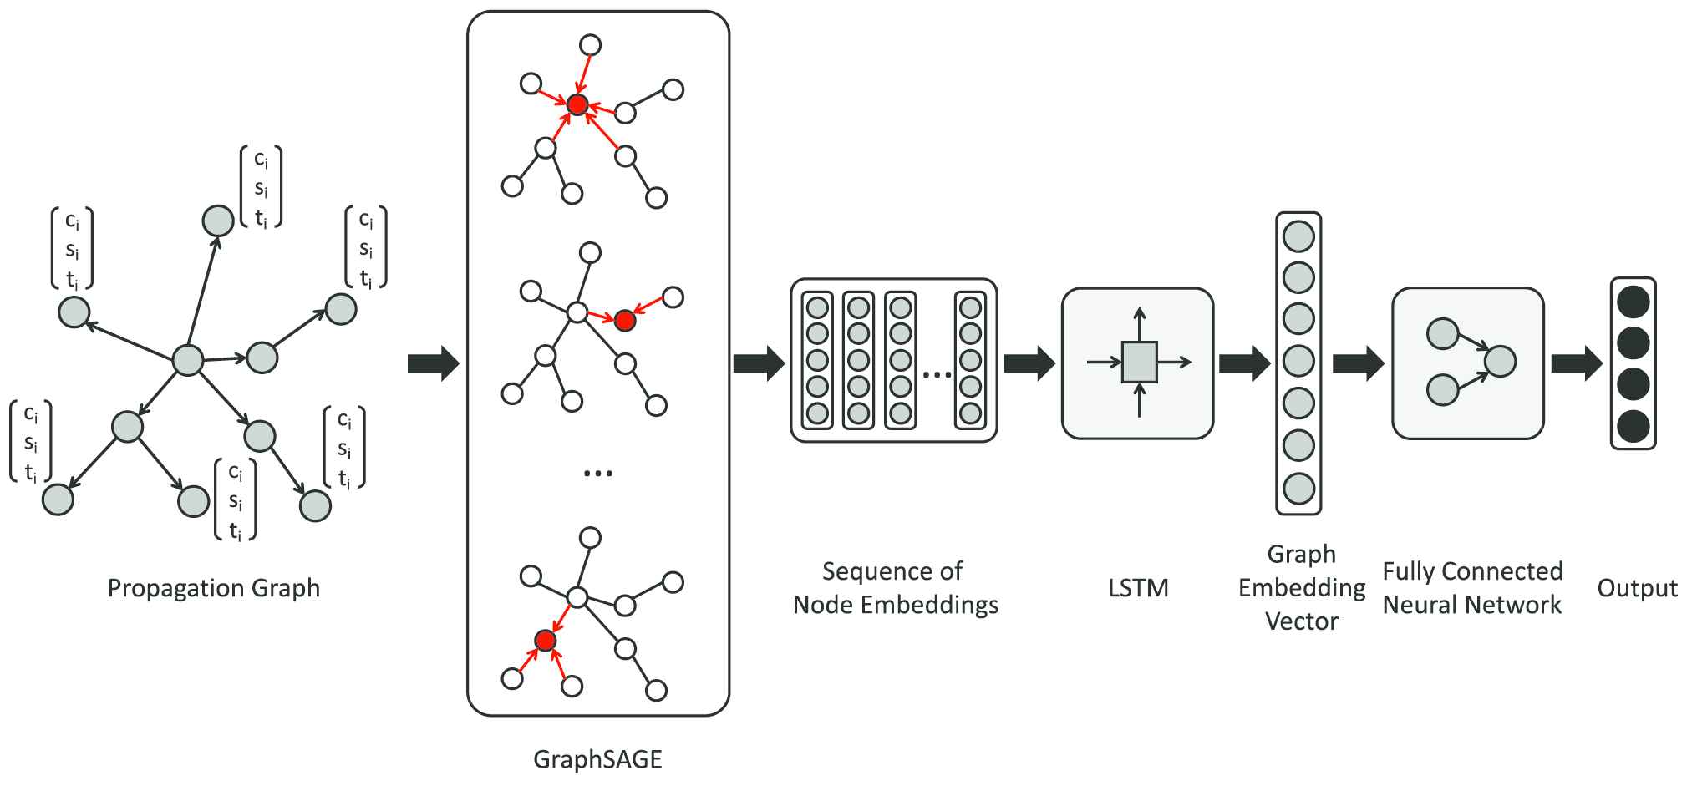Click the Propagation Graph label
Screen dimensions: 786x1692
(214, 588)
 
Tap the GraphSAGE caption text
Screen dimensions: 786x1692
(597, 759)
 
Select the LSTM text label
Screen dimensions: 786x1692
(1138, 588)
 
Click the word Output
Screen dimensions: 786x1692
(1637, 588)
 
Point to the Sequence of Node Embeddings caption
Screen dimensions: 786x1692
(895, 588)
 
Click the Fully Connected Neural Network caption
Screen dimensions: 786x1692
(1472, 588)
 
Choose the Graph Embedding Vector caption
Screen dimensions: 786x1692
(1301, 588)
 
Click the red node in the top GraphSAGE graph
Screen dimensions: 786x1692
(577, 104)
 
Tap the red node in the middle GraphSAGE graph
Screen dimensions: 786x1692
(625, 320)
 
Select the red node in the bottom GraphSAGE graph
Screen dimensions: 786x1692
(545, 641)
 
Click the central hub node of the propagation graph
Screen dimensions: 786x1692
(187, 361)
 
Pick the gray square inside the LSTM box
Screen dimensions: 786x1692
(1139, 362)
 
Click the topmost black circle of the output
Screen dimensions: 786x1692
(1634, 302)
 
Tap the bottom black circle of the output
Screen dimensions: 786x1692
(1634, 426)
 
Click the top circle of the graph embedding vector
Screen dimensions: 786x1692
(1298, 236)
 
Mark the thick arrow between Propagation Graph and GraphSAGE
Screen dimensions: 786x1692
(433, 363)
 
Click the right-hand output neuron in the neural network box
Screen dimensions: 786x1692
(1501, 362)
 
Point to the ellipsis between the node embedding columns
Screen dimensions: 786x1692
(937, 374)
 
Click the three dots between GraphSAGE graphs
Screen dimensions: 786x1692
(597, 474)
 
